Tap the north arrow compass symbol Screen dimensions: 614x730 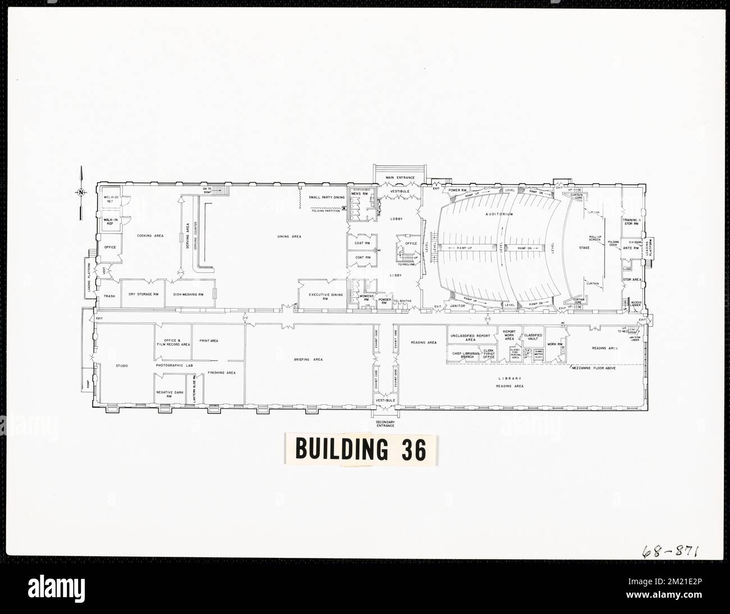click(81, 193)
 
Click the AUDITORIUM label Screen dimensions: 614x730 click(500, 214)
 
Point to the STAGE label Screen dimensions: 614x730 click(584, 247)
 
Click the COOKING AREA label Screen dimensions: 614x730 click(150, 236)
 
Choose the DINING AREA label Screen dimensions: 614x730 click(289, 236)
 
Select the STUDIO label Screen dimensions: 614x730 click(122, 366)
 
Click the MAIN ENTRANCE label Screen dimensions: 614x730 click(400, 178)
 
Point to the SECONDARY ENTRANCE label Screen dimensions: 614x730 click(386, 424)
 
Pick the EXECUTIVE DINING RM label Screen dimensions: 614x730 click(321, 296)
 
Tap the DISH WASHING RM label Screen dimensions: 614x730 click(188, 294)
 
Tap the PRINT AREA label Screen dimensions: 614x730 click(208, 341)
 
